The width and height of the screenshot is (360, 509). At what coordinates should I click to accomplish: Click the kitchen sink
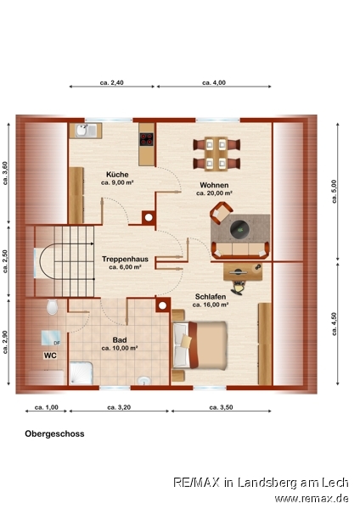(x=86, y=131)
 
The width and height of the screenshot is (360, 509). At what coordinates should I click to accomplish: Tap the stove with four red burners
(x=147, y=139)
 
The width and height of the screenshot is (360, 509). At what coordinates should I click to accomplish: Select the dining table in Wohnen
(x=216, y=154)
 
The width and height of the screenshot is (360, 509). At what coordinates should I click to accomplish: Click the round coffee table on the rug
(x=240, y=230)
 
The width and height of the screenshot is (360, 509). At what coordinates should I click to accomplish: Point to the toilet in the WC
(x=52, y=307)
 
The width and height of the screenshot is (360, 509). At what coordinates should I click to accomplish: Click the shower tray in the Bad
(x=82, y=373)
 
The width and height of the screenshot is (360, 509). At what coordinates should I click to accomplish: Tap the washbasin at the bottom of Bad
(x=144, y=380)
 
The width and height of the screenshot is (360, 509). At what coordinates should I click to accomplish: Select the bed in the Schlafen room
(x=200, y=345)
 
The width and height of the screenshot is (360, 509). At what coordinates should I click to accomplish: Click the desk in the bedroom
(x=243, y=271)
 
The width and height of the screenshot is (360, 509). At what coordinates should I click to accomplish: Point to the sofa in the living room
(x=240, y=250)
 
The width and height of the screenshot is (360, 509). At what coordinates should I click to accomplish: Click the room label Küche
(x=117, y=175)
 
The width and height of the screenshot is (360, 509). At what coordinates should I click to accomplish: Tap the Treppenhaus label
(x=125, y=259)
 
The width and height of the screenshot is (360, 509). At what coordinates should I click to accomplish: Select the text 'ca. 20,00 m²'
(x=214, y=193)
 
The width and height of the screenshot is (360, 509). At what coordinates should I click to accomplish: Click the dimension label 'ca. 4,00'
(x=214, y=83)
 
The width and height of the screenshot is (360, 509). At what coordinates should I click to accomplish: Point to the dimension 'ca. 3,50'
(x=221, y=407)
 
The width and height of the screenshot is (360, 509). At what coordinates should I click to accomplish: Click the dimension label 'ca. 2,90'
(x=5, y=342)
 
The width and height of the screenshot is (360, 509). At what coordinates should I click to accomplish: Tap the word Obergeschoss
(x=54, y=433)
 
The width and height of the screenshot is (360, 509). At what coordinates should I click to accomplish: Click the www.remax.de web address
(x=312, y=498)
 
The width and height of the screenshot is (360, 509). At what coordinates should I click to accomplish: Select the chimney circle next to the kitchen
(x=149, y=217)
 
